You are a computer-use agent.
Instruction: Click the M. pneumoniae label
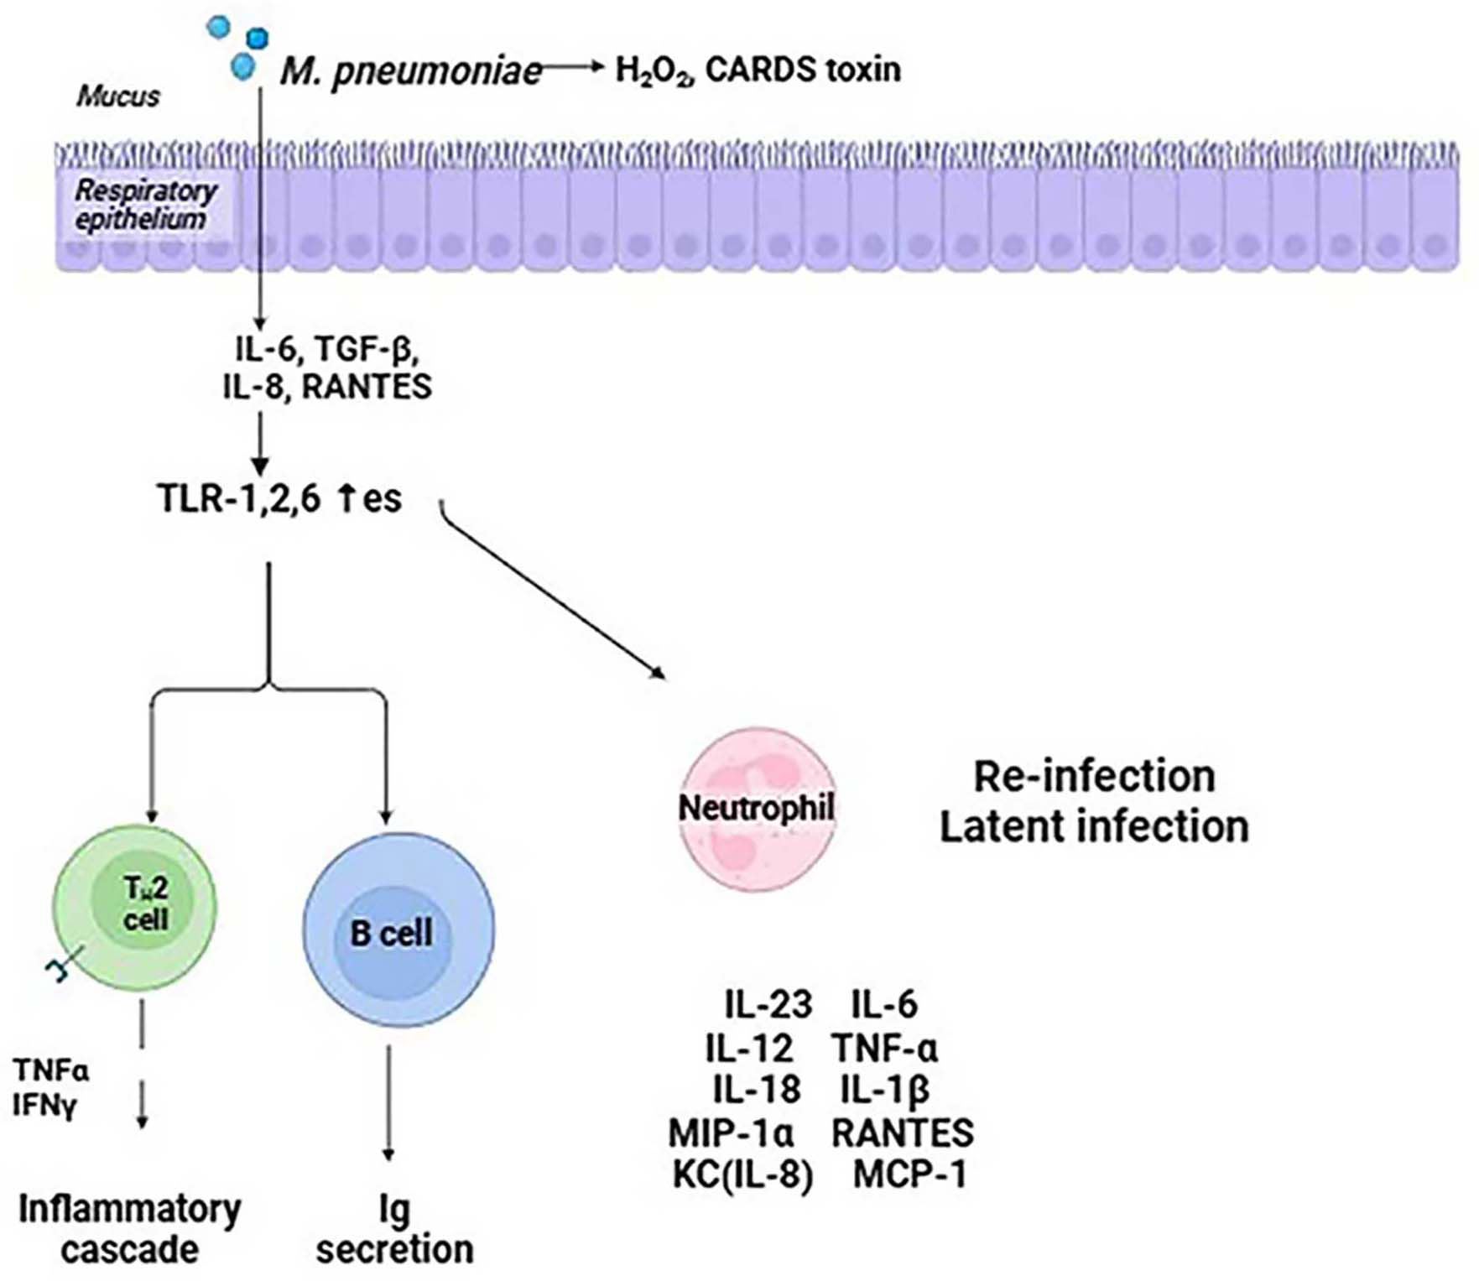click(411, 71)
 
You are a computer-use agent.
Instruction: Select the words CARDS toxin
click(803, 69)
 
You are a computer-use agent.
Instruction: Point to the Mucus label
click(118, 96)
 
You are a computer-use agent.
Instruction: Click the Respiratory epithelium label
click(144, 205)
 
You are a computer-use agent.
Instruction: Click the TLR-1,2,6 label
click(239, 498)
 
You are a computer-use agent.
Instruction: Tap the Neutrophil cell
click(757, 809)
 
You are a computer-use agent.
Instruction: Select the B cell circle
click(398, 931)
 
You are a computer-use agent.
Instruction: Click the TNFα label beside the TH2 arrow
click(50, 1070)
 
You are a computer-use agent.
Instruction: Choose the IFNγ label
click(44, 1106)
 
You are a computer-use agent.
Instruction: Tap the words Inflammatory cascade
click(130, 1229)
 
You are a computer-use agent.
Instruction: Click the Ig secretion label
click(394, 1229)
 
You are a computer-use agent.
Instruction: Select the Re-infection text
click(1094, 776)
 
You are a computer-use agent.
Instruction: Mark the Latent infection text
click(1094, 826)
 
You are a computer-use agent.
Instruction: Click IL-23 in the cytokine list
click(768, 1004)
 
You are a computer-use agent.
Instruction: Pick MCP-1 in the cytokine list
click(909, 1174)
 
